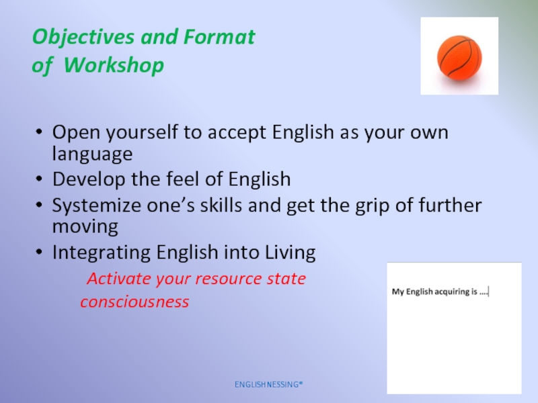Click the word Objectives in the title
pos(83,38)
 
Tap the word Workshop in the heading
pos(114,64)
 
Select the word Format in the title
pos(219,36)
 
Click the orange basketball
pos(459,58)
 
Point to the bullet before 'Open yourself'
pos(39,132)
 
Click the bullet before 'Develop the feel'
pos(39,179)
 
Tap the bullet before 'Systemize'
pos(39,205)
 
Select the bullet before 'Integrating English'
pos(39,252)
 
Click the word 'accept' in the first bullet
pos(237,133)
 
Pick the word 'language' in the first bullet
pos(92,154)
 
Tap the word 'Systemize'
pos(96,206)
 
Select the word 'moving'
pos(85,227)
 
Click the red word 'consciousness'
pos(134,302)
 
